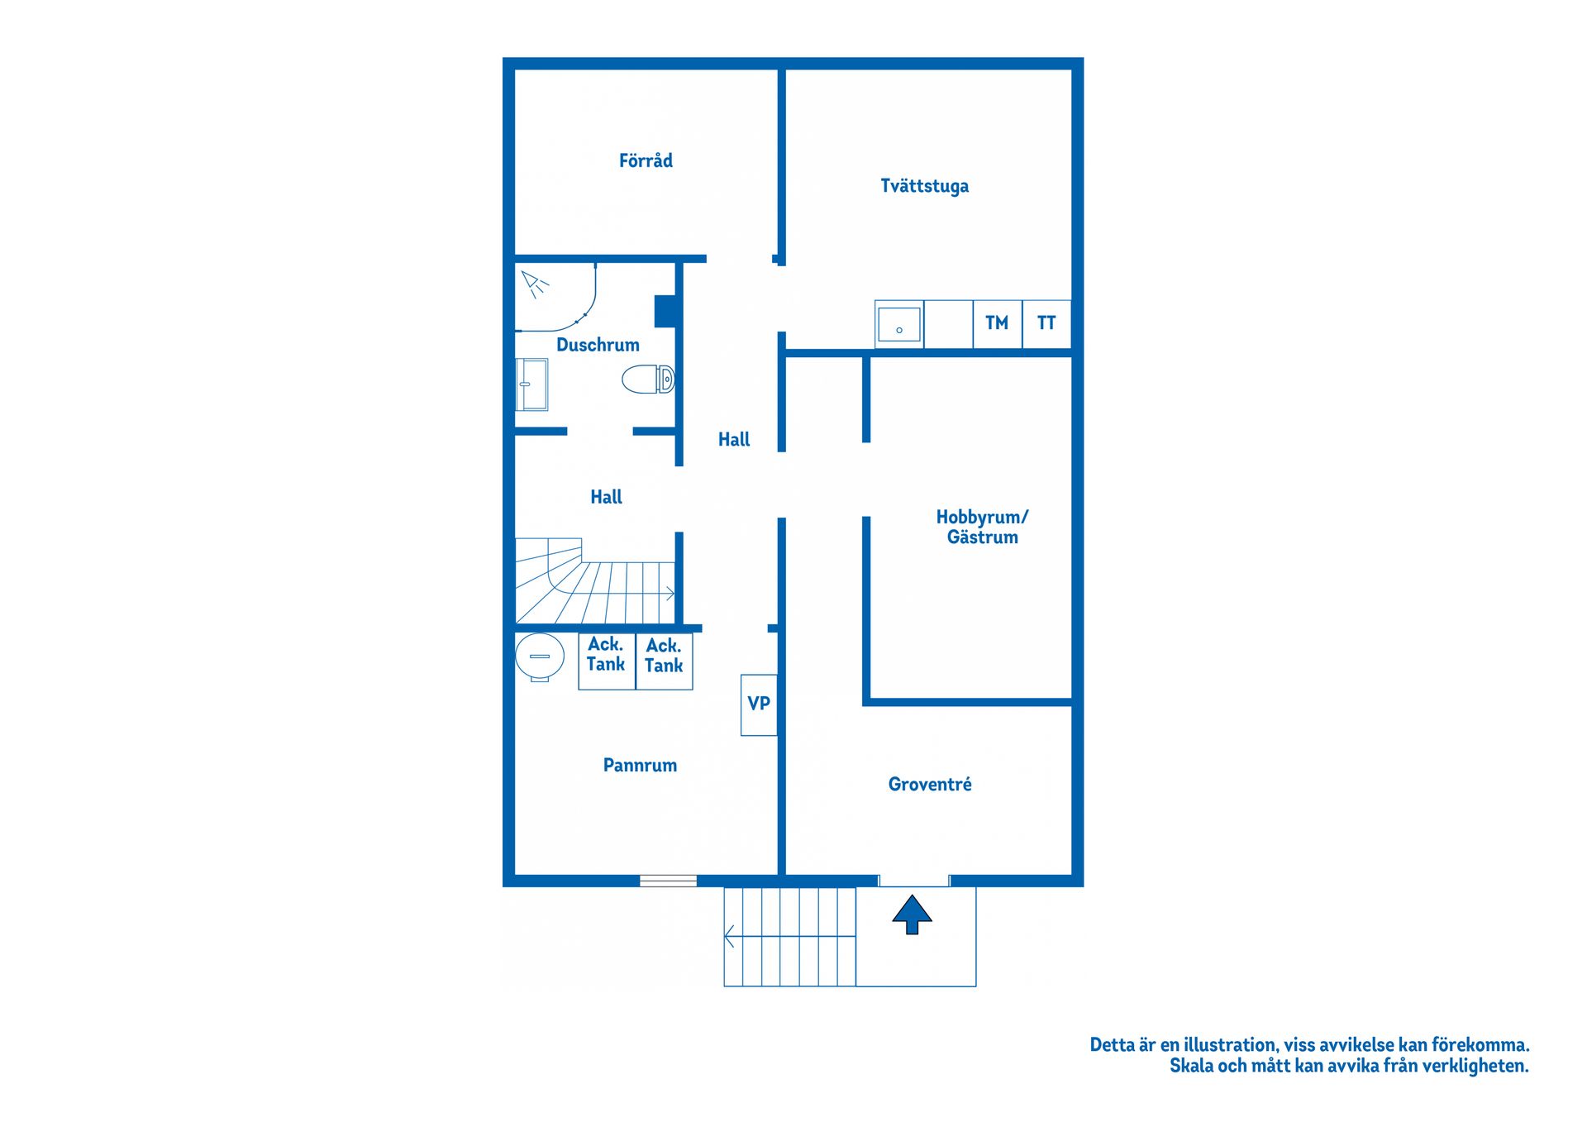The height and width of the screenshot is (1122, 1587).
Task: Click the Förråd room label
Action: [x=646, y=160]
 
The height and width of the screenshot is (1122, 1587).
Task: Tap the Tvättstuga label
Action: [x=924, y=186]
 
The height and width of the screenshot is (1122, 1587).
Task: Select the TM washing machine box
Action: [x=998, y=323]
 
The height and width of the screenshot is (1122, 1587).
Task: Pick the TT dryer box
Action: [x=1046, y=323]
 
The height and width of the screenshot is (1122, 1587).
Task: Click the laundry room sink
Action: [x=899, y=324]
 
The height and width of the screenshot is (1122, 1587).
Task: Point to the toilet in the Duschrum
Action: [x=649, y=380]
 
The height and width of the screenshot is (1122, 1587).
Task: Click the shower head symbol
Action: [x=535, y=284]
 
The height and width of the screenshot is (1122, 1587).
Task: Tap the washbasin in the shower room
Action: [x=531, y=384]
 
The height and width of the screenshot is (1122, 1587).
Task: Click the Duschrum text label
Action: [x=598, y=345]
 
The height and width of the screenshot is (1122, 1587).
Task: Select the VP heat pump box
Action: [x=759, y=704]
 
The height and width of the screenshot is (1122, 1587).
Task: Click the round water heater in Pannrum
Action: [x=540, y=657]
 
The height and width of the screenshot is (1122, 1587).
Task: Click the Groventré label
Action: [x=930, y=784]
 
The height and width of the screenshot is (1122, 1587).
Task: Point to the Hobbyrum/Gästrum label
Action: [x=982, y=527]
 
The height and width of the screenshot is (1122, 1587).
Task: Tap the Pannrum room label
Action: [x=640, y=766]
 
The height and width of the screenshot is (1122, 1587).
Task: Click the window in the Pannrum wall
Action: [x=668, y=881]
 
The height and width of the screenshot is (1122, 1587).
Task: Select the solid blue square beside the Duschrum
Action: [x=666, y=311]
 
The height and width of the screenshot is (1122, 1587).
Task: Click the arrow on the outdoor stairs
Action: [x=789, y=937]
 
